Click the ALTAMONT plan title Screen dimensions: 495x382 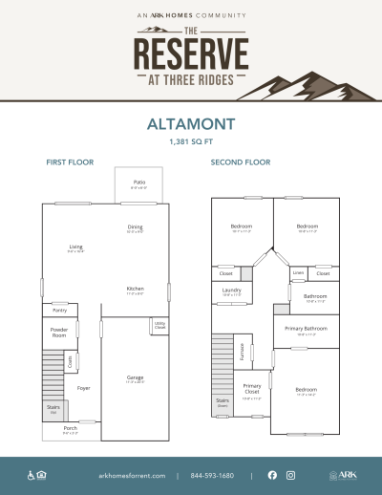tap(191, 124)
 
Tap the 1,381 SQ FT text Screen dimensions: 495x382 tap(191, 141)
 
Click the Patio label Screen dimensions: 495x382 tap(138, 182)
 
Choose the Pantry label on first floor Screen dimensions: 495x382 tap(59, 310)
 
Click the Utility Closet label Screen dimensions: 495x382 tap(159, 326)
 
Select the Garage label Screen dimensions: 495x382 tap(135, 377)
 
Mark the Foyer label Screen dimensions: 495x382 tap(84, 388)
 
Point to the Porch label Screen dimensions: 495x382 tap(70, 428)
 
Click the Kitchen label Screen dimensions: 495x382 tap(135, 289)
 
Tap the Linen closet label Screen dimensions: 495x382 tap(298, 273)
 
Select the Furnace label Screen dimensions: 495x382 tap(242, 350)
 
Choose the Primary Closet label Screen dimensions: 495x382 tap(252, 389)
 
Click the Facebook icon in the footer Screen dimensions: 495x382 tap(272, 475)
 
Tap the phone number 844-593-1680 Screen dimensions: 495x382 tap(213, 475)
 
